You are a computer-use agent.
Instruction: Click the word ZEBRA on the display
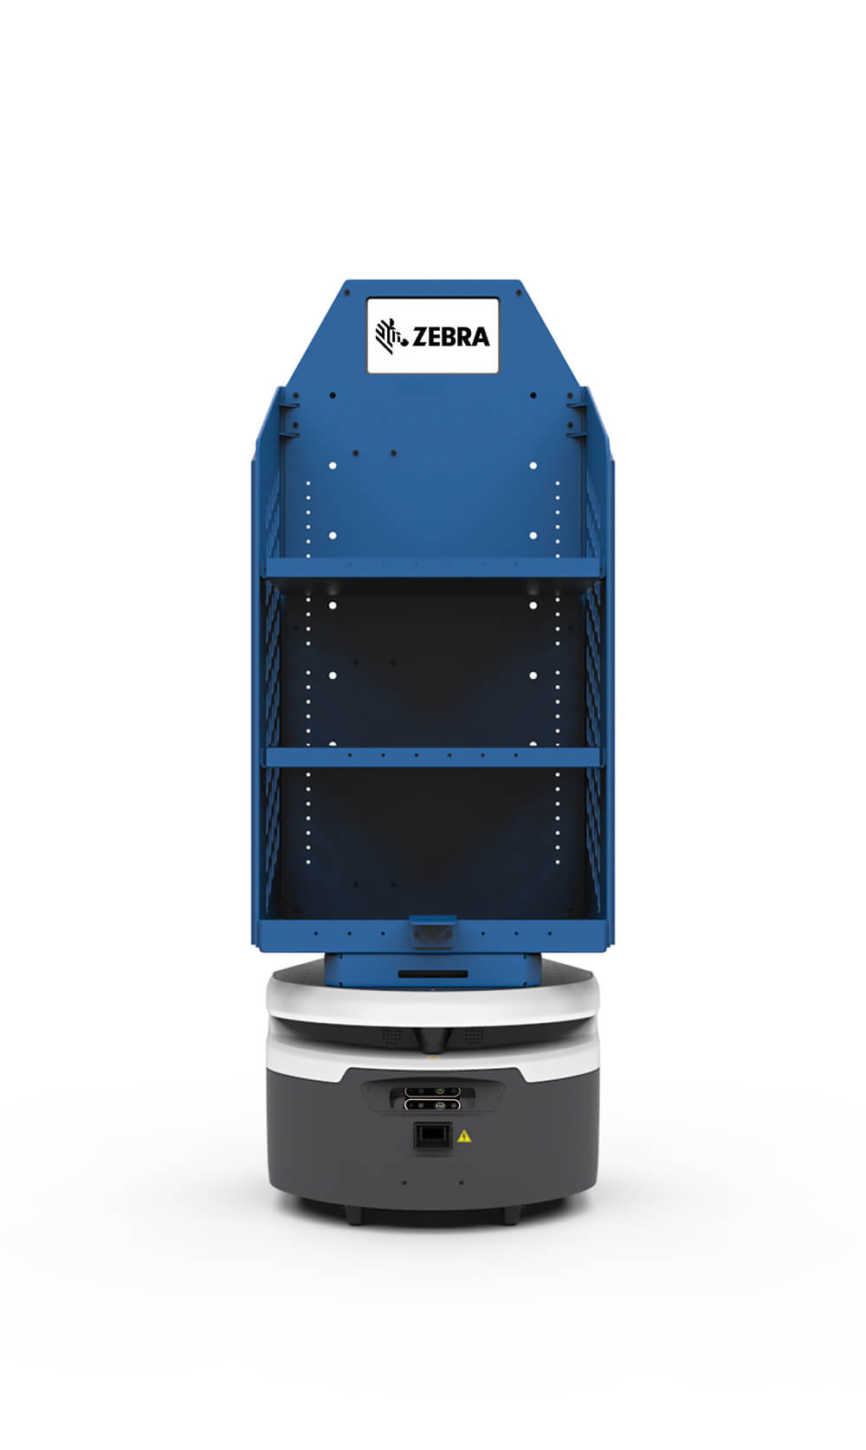tap(450, 336)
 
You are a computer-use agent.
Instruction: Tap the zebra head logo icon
tap(391, 335)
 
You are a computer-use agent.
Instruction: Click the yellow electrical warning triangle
tap(464, 1136)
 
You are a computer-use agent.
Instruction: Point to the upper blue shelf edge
tap(432, 567)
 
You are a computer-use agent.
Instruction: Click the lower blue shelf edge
tap(432, 756)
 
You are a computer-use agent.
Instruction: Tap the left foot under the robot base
tap(354, 1216)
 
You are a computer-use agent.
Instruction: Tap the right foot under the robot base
tap(512, 1216)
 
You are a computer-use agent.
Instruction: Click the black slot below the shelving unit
tap(432, 974)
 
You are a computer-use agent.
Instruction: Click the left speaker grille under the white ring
tap(392, 1036)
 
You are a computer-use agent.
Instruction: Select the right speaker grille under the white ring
tap(473, 1036)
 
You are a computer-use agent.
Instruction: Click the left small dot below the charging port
tap(404, 1182)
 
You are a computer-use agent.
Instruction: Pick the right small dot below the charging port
tap(461, 1182)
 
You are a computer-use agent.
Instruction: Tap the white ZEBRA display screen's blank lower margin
tap(432, 363)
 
